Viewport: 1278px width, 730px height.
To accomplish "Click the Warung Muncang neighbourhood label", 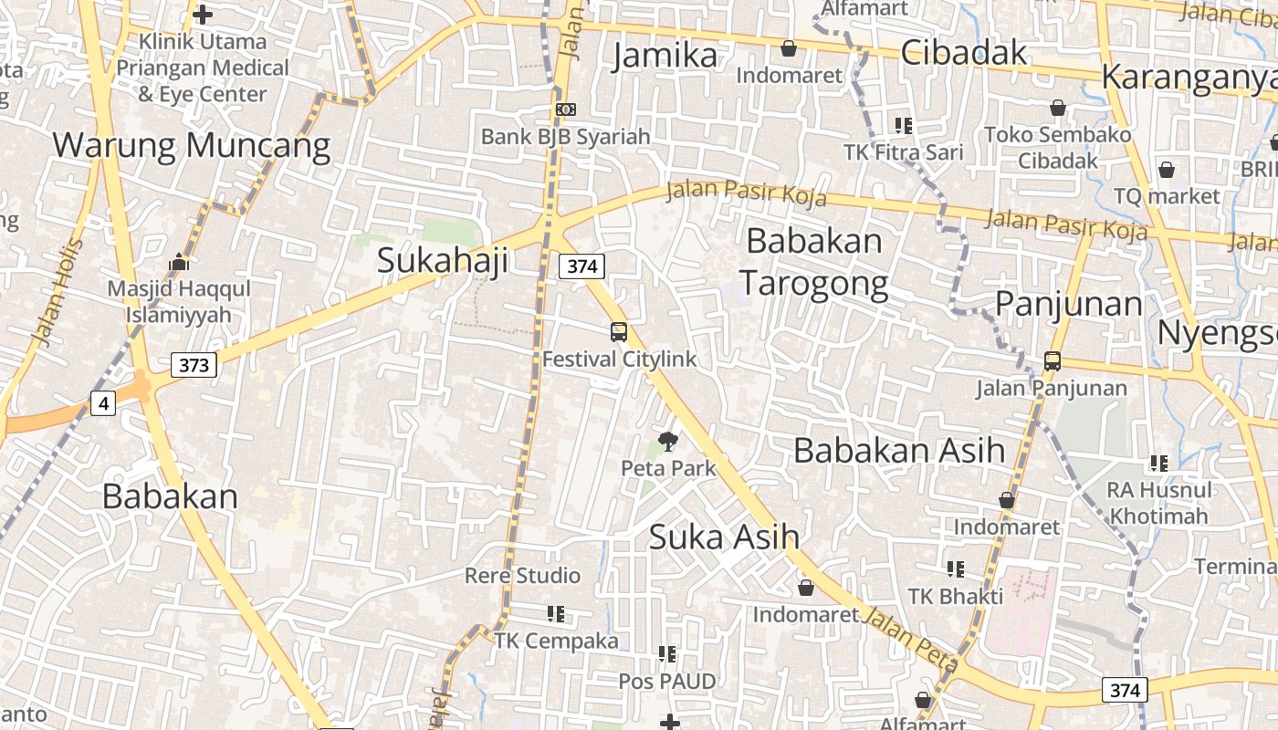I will click(x=192, y=145).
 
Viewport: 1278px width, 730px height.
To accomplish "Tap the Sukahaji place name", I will click(x=443, y=260).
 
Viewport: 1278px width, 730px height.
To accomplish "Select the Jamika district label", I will click(x=665, y=56).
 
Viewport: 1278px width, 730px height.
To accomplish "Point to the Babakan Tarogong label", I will click(x=814, y=263).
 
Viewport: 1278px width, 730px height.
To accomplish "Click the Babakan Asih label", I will click(x=899, y=450).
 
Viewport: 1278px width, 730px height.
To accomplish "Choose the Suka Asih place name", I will click(x=724, y=537).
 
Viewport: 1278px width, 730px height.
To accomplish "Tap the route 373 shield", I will click(x=194, y=365).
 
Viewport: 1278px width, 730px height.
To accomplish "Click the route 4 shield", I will click(x=103, y=402).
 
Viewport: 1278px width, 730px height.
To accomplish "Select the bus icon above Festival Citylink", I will click(x=619, y=332).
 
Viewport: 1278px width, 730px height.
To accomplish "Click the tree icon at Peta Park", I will click(x=668, y=443).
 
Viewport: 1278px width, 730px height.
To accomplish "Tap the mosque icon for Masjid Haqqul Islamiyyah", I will click(x=179, y=263).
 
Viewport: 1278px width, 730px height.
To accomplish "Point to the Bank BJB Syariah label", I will click(x=566, y=137).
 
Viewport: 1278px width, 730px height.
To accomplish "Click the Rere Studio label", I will click(x=522, y=576).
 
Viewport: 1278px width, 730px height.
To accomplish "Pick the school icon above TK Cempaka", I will click(x=556, y=613).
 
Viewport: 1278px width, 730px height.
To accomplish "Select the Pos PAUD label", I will click(x=667, y=681).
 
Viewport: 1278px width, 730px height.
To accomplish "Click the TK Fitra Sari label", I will click(x=904, y=152).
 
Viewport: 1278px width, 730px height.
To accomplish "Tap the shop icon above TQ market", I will click(x=1166, y=170).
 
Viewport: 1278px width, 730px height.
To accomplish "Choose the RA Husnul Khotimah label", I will click(x=1158, y=503).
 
